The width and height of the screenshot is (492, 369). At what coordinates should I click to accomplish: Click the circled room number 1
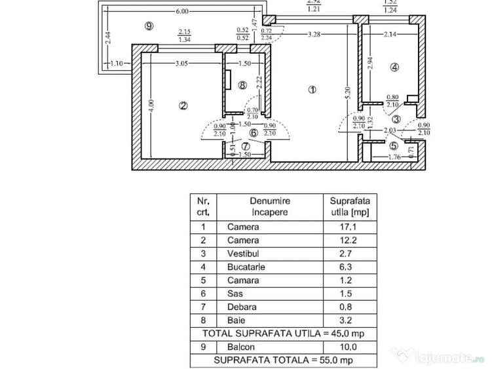[x=312, y=90]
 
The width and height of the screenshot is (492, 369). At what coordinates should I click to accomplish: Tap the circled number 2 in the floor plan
[x=184, y=105]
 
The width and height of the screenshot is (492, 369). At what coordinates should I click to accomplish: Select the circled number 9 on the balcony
[x=149, y=26]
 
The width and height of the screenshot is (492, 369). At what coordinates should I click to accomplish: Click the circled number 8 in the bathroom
[x=242, y=85]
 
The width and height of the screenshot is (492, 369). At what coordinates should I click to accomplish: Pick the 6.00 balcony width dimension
[x=182, y=11]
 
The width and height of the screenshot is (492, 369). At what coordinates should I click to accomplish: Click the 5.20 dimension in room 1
[x=347, y=94]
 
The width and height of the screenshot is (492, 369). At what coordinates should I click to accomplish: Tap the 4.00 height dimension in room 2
[x=150, y=103]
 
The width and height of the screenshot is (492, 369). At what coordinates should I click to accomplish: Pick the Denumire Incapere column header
[x=269, y=206]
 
